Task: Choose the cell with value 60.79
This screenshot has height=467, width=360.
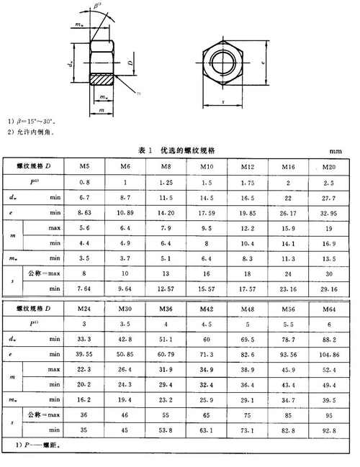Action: (x=166, y=355)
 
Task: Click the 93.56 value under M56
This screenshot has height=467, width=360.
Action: (x=288, y=355)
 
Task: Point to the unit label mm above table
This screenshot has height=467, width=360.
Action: (x=336, y=151)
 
